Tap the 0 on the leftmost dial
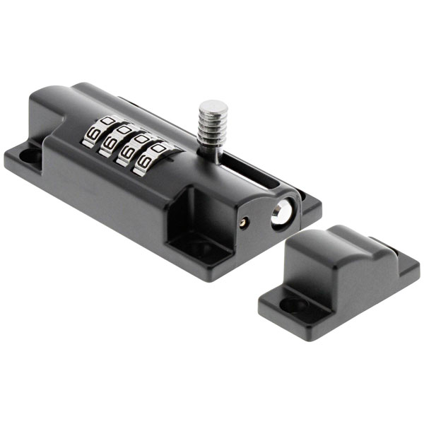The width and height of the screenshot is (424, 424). point(108,120)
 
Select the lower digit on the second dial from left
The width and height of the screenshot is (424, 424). point(109,143)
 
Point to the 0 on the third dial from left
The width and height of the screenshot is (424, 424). point(141,139)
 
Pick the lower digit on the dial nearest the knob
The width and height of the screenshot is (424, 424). point(143,163)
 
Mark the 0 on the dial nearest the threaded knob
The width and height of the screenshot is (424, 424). point(158,148)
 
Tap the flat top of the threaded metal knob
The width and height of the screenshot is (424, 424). point(213,106)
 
